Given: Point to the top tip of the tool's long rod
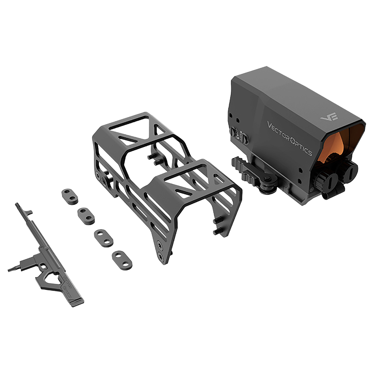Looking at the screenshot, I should [17, 205].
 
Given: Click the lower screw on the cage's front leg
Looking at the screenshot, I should [160, 256].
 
